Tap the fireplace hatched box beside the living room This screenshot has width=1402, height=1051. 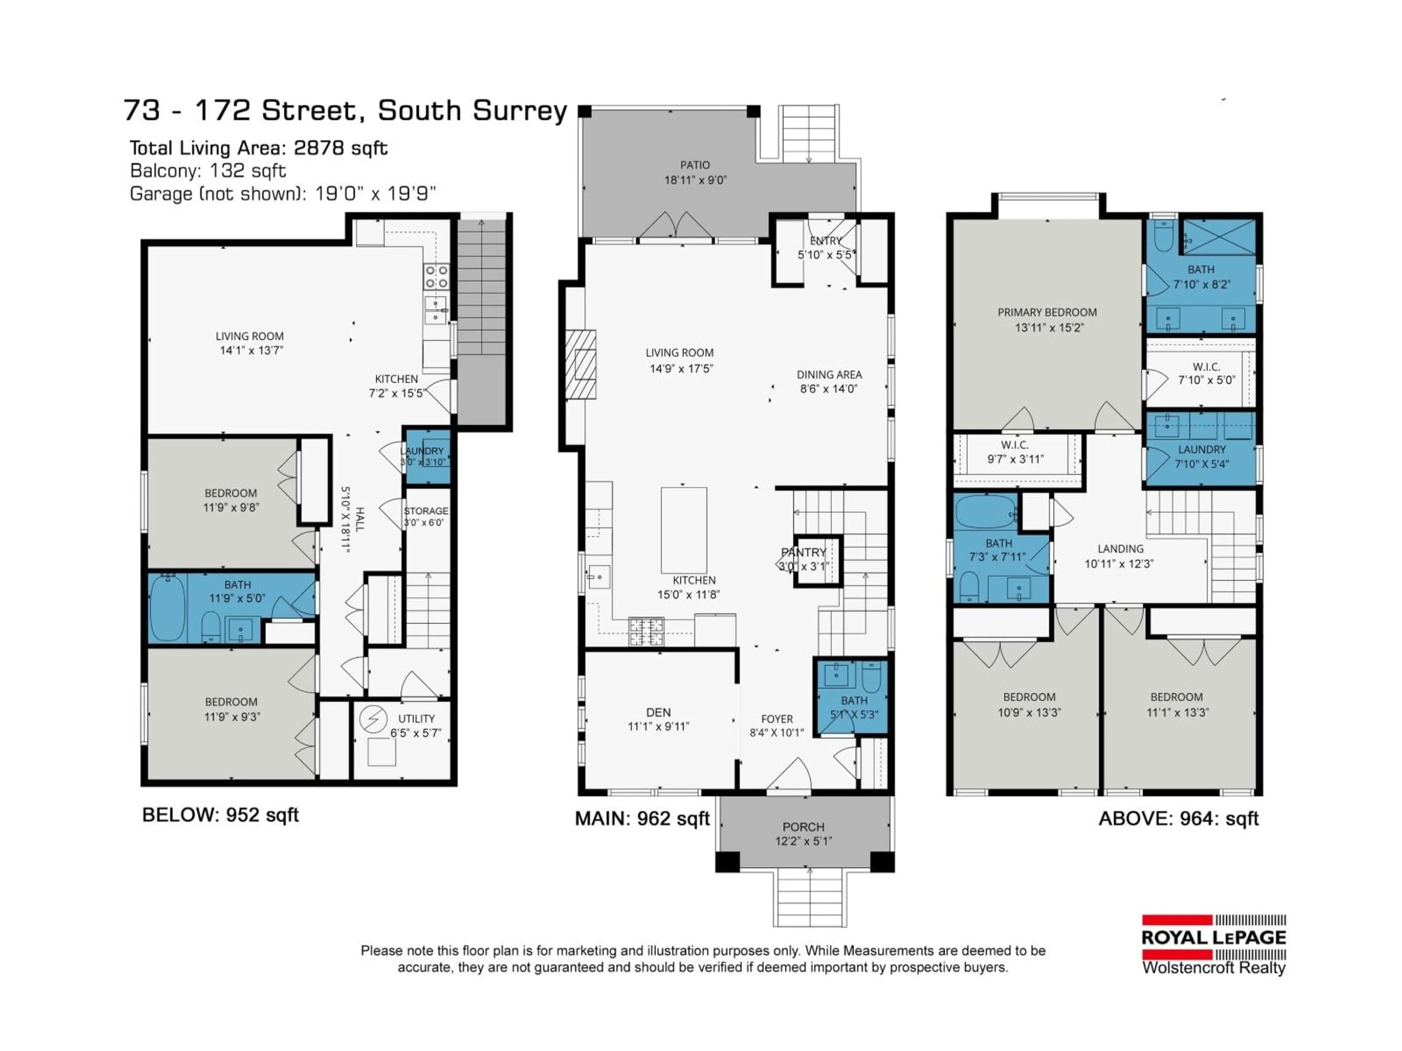[x=581, y=364]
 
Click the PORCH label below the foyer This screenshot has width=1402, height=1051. [x=803, y=827]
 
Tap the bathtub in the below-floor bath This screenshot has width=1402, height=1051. [x=167, y=608]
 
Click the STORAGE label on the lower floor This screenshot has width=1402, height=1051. [x=426, y=511]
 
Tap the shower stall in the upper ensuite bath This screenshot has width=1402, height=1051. [x=1219, y=237]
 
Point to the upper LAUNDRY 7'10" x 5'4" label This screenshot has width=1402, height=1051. [x=1201, y=456]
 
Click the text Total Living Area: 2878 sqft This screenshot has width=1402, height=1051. [x=258, y=148]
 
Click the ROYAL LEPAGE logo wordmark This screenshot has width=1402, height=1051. [x=1213, y=938]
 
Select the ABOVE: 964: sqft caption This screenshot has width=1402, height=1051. [x=1177, y=819]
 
